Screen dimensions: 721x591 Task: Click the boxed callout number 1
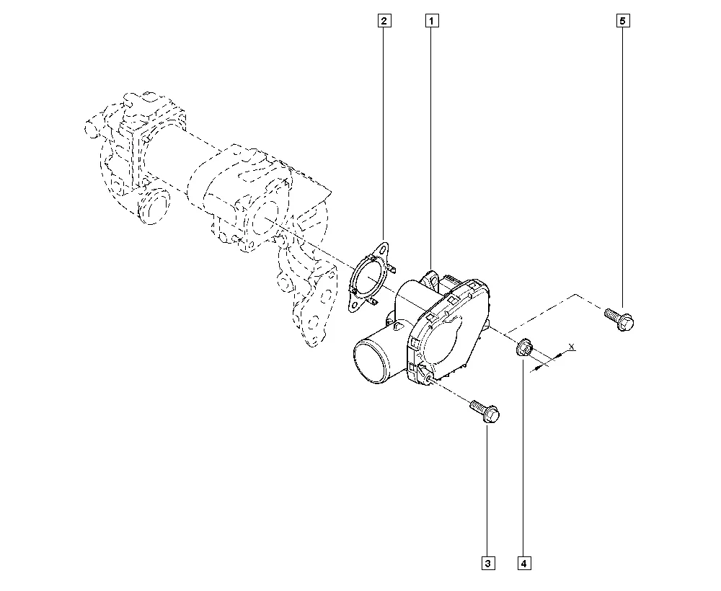click(x=431, y=21)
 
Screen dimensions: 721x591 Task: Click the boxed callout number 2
click(x=384, y=21)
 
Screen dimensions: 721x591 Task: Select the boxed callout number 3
click(x=488, y=563)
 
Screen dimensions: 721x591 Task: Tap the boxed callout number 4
click(x=523, y=563)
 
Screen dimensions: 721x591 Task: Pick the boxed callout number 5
click(x=623, y=21)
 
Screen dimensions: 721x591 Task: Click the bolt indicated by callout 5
click(x=619, y=319)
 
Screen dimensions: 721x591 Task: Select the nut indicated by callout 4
click(x=523, y=348)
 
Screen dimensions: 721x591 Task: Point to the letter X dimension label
click(x=571, y=346)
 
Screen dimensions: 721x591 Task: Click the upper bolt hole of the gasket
click(x=383, y=249)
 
